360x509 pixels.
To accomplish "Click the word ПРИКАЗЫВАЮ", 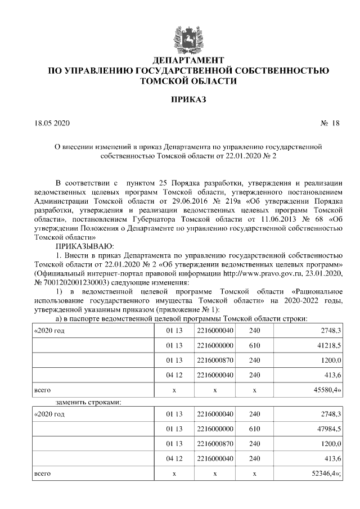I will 84,246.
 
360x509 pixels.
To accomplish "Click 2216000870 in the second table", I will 215,444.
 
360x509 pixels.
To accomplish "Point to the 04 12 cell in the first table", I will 174,373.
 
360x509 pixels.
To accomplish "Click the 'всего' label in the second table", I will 43,474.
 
